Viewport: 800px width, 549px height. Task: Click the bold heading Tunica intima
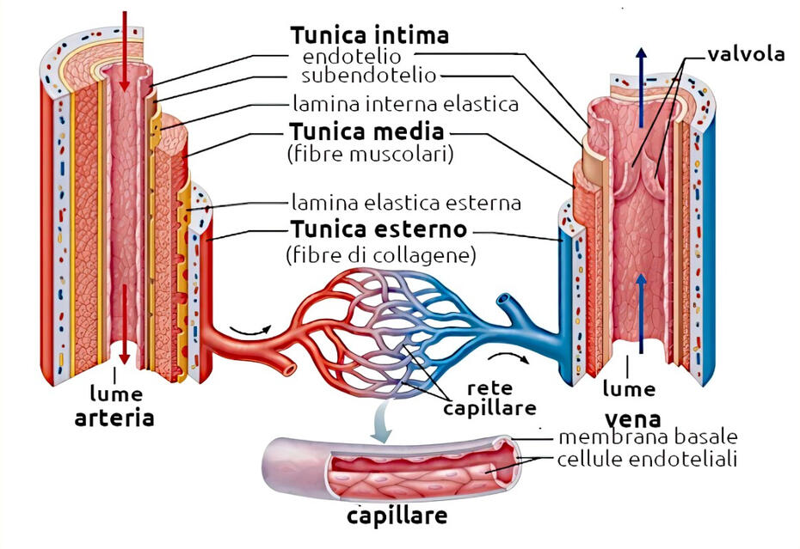point(369,35)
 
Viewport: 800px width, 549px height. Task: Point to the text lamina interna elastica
point(405,105)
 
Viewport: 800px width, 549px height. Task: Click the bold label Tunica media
point(366,133)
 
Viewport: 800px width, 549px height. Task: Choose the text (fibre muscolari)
point(369,156)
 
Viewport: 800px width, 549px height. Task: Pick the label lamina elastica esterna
point(406,204)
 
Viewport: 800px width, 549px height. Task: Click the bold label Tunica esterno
point(378,230)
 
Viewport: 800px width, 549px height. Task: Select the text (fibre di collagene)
point(380,255)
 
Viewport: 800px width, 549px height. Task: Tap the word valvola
point(746,55)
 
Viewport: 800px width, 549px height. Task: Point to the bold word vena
point(632,419)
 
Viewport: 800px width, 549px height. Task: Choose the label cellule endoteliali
point(647,460)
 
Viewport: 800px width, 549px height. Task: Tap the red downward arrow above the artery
point(125,52)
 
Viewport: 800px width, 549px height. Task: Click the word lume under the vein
point(628,388)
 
